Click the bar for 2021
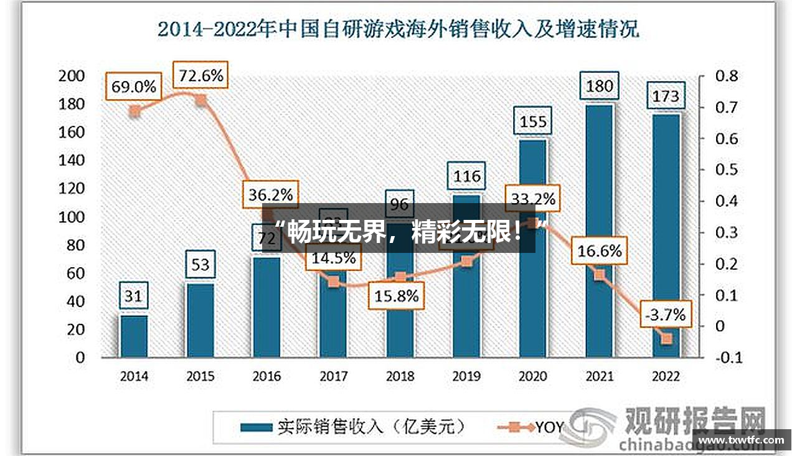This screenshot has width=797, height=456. (599, 230)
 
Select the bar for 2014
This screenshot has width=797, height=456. (134, 336)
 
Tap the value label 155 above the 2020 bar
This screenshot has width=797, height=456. (533, 121)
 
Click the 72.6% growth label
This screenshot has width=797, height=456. (200, 75)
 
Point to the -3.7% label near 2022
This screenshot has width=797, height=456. (665, 315)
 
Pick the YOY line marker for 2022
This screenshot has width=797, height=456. (666, 339)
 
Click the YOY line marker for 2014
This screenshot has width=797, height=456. (134, 112)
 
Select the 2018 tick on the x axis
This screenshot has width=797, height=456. (400, 376)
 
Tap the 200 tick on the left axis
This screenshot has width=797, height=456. (71, 76)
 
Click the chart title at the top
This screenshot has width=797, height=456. (398, 29)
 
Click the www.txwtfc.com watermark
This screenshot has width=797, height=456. (744, 440)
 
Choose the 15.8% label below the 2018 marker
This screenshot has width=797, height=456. (396, 296)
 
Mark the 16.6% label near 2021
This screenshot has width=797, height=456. (599, 251)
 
